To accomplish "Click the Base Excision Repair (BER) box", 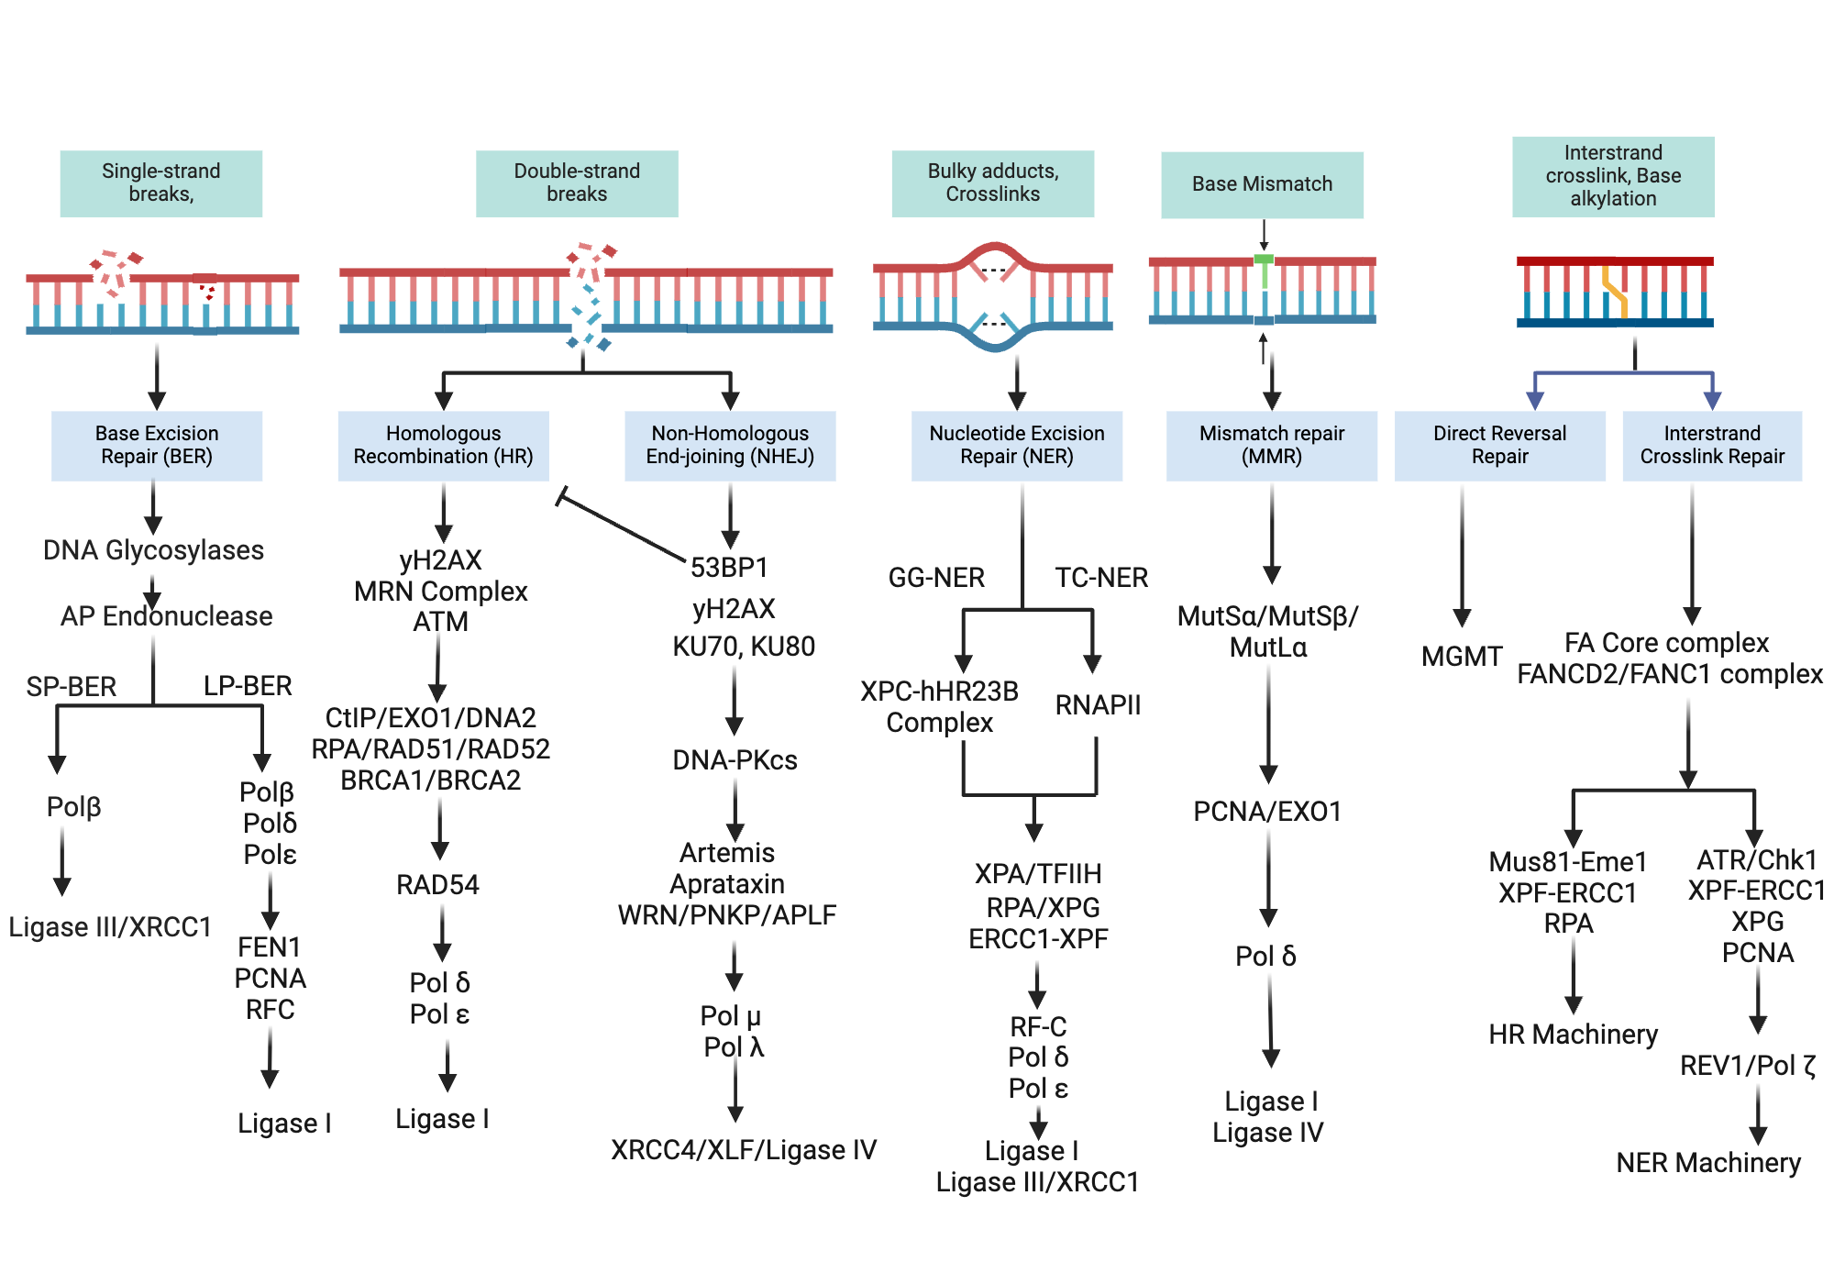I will (x=157, y=446).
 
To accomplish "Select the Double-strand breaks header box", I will (x=577, y=183).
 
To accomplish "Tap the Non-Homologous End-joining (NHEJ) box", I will (x=730, y=446).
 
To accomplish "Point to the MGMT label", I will (x=1462, y=657).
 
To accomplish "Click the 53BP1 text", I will (x=729, y=568).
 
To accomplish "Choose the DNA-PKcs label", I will (x=735, y=760).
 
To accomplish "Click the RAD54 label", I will (x=437, y=885).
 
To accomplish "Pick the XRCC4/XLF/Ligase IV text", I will (x=744, y=1150).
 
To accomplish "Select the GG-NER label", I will (x=936, y=578).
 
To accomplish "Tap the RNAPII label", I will (x=1098, y=705).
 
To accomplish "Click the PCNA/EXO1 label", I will (x=1267, y=812).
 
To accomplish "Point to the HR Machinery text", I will (x=1573, y=1035).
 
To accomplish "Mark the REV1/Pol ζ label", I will (x=1747, y=1066).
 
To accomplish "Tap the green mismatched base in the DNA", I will (x=1264, y=271).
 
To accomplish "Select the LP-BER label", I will (x=248, y=686).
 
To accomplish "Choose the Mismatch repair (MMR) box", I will (x=1271, y=446).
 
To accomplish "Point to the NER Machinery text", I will (x=1708, y=1163).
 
